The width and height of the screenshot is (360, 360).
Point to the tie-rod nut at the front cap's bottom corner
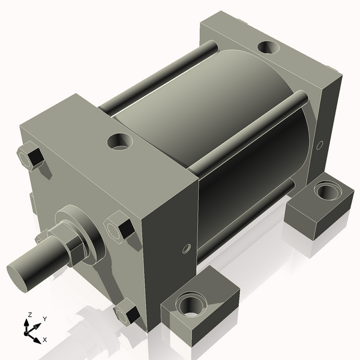point(125,314)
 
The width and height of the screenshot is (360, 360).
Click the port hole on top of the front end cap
point(121,142)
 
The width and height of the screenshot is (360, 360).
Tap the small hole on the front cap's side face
point(187,248)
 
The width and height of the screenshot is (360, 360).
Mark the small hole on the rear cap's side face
point(320,144)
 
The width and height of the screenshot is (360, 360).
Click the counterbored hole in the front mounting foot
point(191,304)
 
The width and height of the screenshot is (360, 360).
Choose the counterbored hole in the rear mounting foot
point(327,193)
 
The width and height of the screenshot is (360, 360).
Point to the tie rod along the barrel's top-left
point(156,78)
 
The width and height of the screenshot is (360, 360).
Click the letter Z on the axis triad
point(29,314)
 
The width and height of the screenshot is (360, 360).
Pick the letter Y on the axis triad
point(45,319)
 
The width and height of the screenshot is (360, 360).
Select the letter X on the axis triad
point(45,340)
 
